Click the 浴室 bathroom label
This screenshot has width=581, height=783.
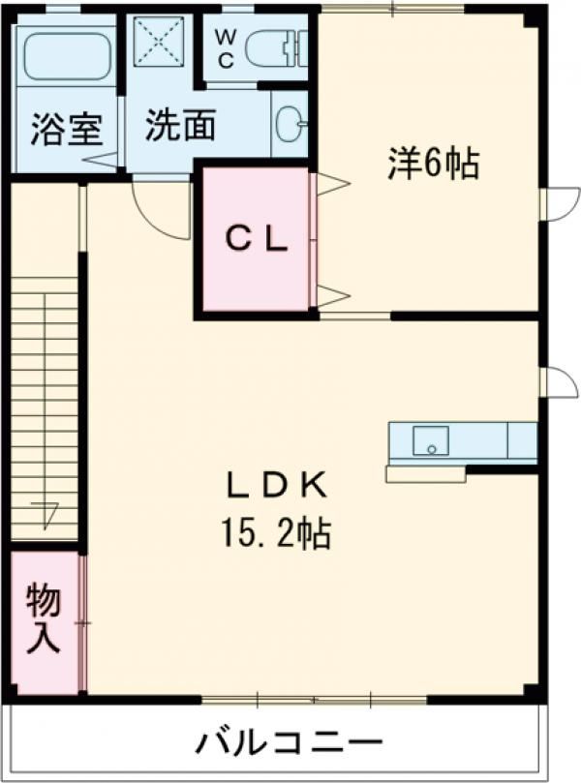[65, 130]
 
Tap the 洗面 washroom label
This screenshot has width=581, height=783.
[180, 126]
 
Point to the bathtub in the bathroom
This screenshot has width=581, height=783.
[65, 56]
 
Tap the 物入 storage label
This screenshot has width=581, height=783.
[44, 620]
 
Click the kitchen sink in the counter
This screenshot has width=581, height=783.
[431, 441]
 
